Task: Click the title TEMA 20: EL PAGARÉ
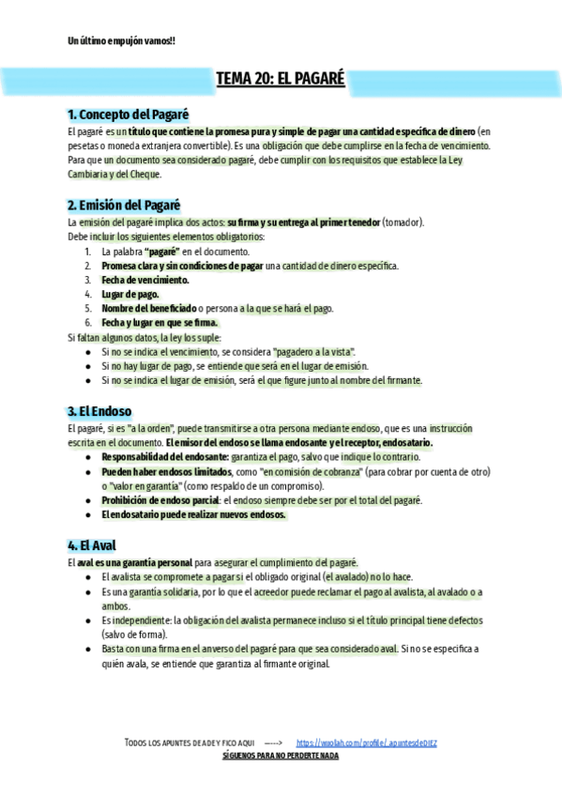281,80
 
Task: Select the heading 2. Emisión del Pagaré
124,205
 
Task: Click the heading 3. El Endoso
99,411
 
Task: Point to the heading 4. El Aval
92,544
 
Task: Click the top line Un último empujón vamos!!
122,40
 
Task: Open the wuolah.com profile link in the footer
367,742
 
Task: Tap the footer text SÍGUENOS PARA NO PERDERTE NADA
281,755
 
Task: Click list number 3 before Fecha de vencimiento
87,280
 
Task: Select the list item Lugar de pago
130,294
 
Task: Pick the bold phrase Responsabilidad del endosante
164,456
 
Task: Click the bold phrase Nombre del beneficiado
149,308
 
